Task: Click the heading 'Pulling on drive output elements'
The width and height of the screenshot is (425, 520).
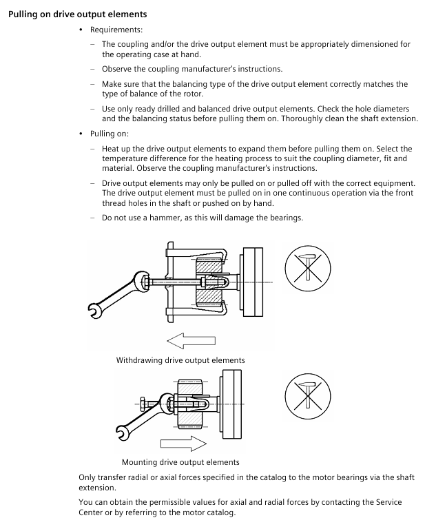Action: (77, 14)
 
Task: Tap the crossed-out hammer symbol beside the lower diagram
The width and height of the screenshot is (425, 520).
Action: (308, 391)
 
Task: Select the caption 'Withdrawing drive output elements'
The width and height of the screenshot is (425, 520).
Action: (180, 360)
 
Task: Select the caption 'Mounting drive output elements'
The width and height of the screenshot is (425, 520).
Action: (180, 461)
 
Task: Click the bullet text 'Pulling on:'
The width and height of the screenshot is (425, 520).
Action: (110, 134)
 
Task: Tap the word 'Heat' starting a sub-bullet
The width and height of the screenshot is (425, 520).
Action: (112, 149)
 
